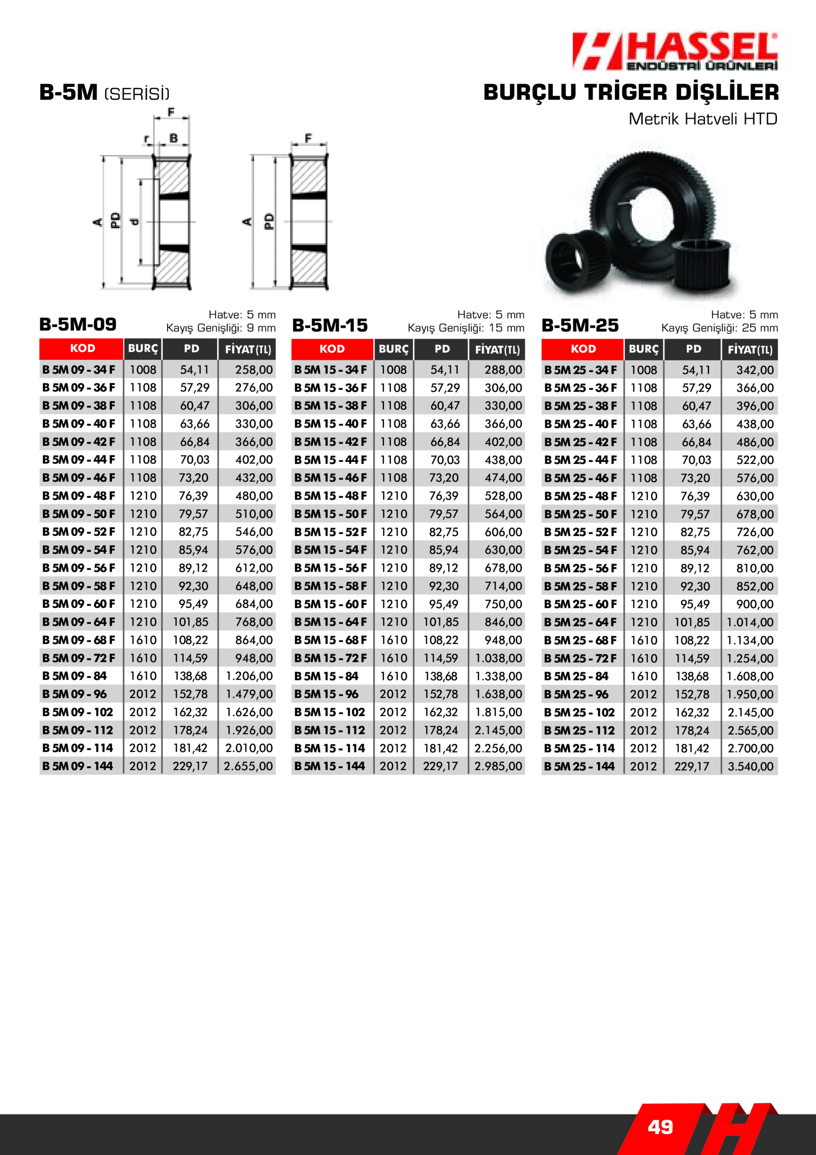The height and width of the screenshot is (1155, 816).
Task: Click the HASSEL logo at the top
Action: click(675, 51)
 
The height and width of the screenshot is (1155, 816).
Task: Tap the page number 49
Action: click(660, 1127)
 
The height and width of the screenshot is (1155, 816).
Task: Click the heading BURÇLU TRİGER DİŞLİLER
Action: click(631, 92)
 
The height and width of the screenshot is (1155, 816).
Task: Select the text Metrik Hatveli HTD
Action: click(702, 119)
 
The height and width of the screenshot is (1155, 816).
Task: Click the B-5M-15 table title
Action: click(330, 325)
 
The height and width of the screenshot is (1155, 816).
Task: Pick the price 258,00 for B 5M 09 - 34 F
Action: click(253, 370)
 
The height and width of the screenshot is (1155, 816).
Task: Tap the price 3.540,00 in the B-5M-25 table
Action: click(750, 767)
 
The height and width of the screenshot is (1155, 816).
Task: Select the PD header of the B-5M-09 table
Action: click(191, 349)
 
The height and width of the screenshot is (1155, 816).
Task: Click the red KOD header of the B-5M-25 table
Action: click(583, 349)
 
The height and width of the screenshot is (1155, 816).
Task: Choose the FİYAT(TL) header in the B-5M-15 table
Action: click(497, 350)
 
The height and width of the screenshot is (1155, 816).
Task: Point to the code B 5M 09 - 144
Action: click(78, 766)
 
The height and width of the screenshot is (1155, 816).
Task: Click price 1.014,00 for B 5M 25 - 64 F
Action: click(750, 622)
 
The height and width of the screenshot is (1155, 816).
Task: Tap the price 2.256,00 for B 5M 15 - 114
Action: click(498, 748)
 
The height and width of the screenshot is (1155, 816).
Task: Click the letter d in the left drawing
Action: click(134, 222)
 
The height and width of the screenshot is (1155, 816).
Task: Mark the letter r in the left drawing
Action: click(147, 139)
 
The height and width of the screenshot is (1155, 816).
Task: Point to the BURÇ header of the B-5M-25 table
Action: click(643, 349)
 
